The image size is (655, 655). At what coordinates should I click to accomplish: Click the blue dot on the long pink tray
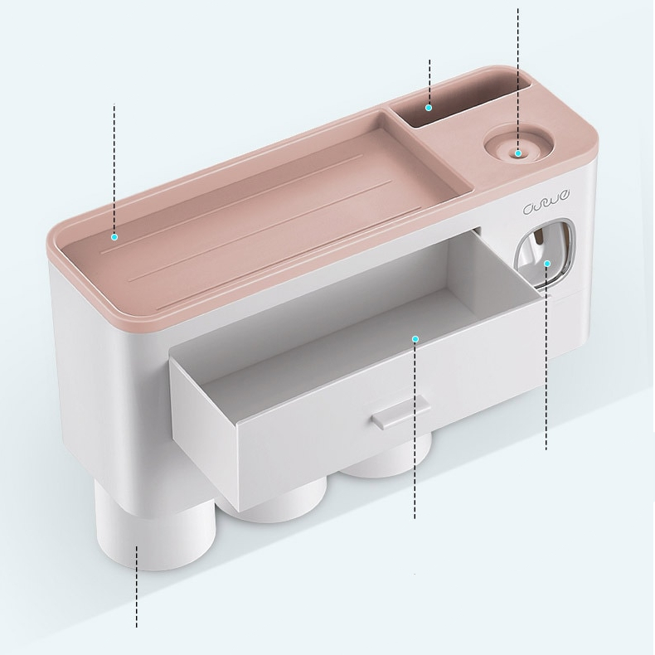(114, 237)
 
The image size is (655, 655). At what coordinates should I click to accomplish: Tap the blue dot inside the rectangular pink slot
(429, 107)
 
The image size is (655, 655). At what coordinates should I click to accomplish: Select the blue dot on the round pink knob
(518, 153)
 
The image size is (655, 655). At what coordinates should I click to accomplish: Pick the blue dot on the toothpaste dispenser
(547, 264)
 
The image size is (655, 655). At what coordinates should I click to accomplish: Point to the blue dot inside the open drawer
(415, 338)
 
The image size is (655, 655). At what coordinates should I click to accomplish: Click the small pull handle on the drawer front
(400, 412)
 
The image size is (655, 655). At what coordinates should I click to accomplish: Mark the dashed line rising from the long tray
(114, 166)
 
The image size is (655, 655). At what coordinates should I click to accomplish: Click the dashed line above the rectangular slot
(429, 79)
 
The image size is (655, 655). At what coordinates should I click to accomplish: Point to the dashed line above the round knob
(518, 75)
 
